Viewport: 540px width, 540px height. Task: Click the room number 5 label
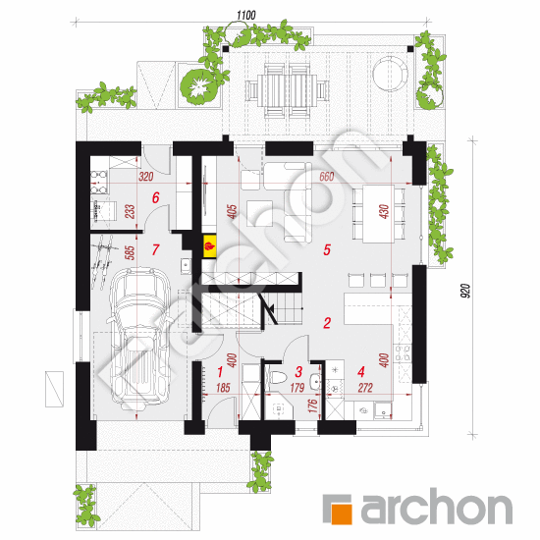(328, 249)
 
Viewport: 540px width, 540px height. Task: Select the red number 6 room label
(155, 197)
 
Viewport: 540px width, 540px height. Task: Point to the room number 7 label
(155, 249)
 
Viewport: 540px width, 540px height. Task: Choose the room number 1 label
(221, 371)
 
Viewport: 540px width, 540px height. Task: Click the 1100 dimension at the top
(245, 15)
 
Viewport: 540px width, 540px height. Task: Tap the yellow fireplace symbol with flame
(209, 245)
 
